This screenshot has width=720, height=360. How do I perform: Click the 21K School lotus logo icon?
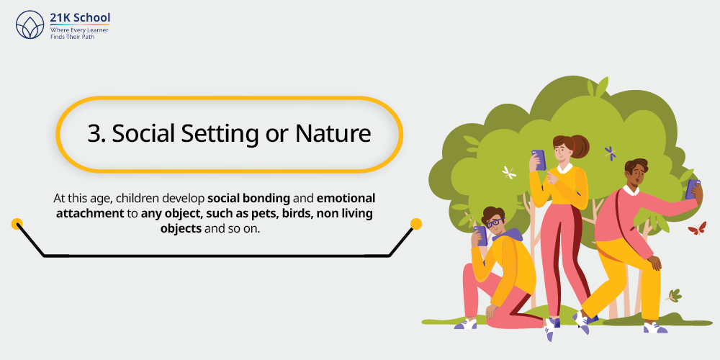(x=30, y=24)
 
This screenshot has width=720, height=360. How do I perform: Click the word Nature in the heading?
(x=333, y=134)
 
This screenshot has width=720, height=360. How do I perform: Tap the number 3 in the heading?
(x=94, y=134)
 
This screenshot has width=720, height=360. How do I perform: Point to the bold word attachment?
(x=90, y=213)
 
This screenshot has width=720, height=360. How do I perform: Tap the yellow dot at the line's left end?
(x=17, y=224)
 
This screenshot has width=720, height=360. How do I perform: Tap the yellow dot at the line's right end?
(x=416, y=224)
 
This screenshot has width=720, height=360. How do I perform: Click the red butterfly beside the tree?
(x=696, y=228)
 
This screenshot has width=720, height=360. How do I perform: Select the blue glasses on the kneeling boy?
(x=495, y=223)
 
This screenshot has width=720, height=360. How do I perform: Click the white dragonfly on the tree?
(x=509, y=172)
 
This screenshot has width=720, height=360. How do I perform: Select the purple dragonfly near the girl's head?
(x=611, y=153)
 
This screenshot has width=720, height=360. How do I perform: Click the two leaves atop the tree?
(x=598, y=87)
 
